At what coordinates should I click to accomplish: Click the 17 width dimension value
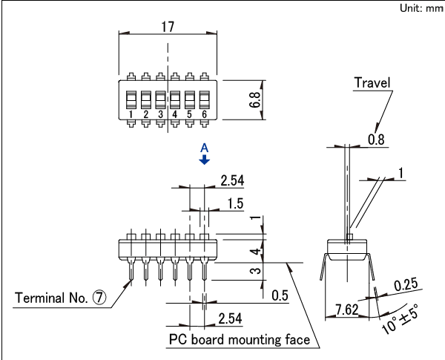click(x=168, y=26)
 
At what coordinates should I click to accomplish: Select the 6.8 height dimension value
click(x=254, y=100)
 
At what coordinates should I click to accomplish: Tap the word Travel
click(x=373, y=82)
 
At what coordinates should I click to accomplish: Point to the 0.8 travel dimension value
click(x=376, y=139)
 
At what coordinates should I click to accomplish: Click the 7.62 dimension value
click(x=348, y=309)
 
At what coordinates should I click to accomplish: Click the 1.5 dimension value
click(x=235, y=203)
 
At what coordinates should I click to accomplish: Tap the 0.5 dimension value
click(x=280, y=296)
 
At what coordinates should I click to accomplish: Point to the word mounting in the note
click(x=248, y=340)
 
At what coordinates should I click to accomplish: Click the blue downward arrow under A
click(x=205, y=160)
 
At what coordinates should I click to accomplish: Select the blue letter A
click(x=205, y=148)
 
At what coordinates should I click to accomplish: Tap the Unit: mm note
click(x=421, y=8)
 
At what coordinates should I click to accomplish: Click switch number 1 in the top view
click(x=131, y=114)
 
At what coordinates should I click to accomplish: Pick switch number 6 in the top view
click(x=203, y=114)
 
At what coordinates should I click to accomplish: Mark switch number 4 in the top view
click(x=174, y=114)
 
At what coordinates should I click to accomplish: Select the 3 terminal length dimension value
click(x=254, y=272)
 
